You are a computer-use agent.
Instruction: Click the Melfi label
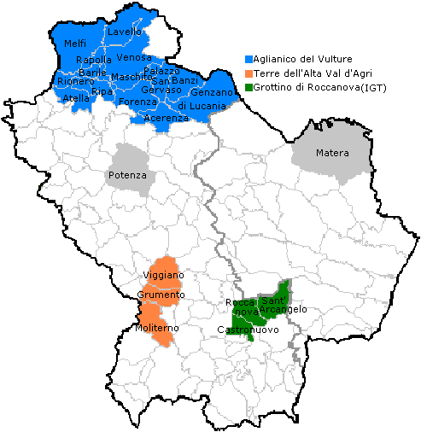click(75, 44)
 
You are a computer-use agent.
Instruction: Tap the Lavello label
click(125, 32)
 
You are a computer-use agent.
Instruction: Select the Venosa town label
click(134, 57)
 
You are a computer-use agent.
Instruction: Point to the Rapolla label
click(93, 60)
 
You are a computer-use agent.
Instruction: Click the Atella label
click(75, 99)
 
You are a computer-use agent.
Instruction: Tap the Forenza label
click(137, 102)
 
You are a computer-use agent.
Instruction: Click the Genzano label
click(212, 92)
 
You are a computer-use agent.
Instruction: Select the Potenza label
click(128, 175)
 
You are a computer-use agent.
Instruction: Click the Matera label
click(332, 154)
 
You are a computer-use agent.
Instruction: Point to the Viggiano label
click(164, 276)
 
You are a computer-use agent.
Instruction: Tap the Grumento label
click(161, 295)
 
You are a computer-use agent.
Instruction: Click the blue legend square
click(249, 59)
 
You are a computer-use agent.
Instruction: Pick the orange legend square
click(249, 73)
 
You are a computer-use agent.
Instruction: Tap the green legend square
click(249, 87)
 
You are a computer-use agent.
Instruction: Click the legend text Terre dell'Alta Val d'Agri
click(313, 73)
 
